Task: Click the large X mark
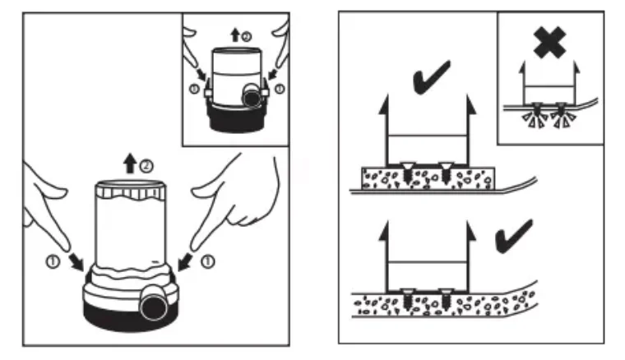[549, 43]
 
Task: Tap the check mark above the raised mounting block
[431, 78]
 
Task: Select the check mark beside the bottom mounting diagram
[513, 237]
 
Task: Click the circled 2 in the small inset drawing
[247, 37]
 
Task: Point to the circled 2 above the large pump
[146, 166]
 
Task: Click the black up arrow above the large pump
[130, 164]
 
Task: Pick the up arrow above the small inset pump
[235, 35]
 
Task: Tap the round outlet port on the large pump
[154, 306]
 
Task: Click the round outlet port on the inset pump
[252, 98]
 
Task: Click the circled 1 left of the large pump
[53, 261]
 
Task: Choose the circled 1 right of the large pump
[208, 261]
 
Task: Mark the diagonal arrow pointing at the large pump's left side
[76, 261]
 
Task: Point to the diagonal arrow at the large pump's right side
[184, 261]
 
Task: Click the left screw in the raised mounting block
[407, 173]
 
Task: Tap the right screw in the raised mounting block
[446, 173]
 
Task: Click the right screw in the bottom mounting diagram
[446, 299]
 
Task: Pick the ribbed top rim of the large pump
[130, 191]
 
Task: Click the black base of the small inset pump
[237, 118]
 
